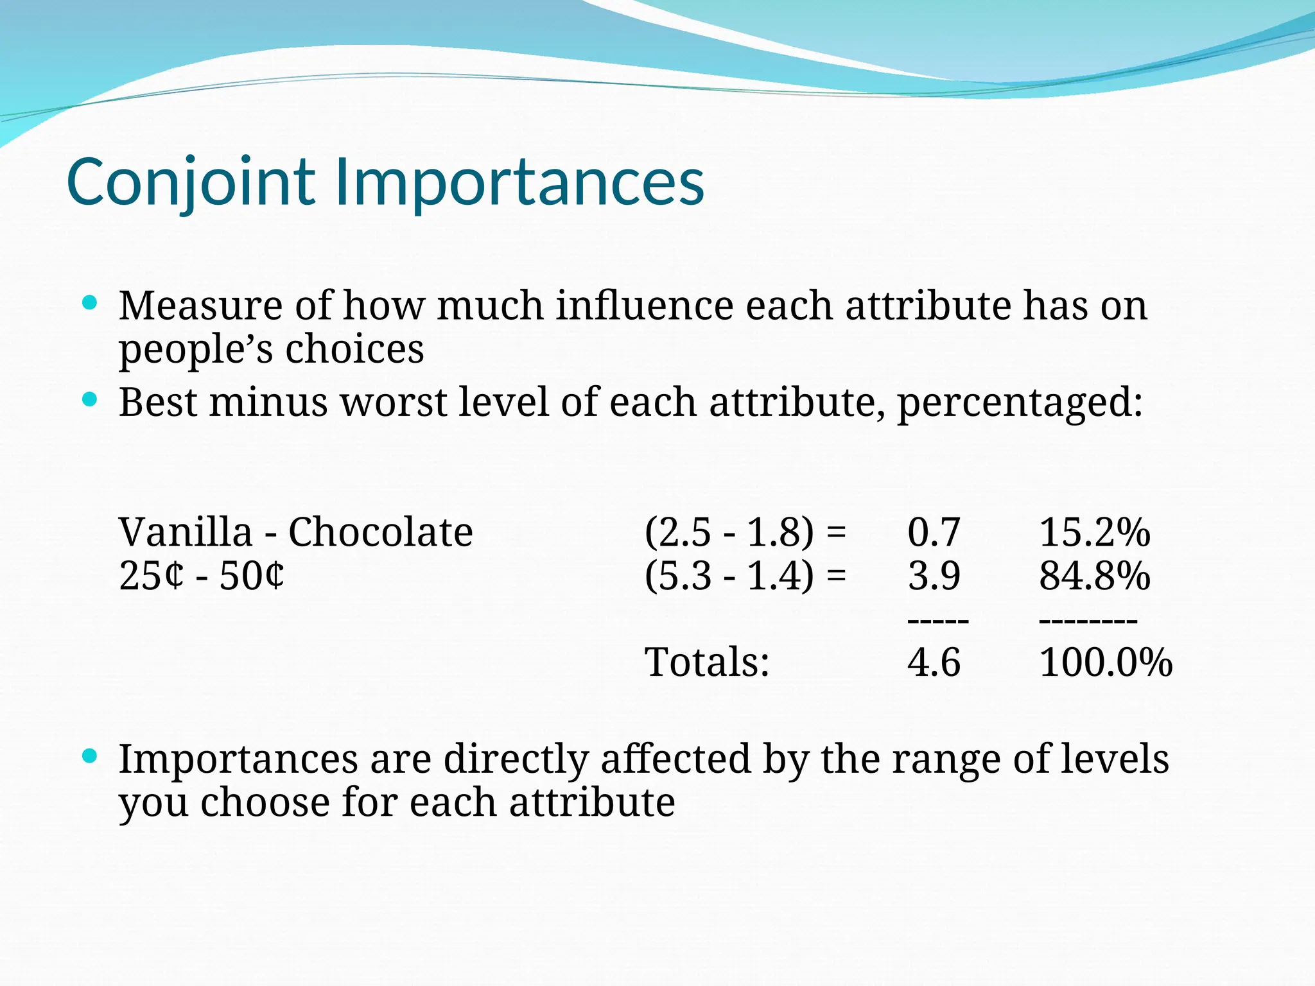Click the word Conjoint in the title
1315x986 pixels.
(191, 183)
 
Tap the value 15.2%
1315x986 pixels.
(1094, 532)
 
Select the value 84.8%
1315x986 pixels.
(1094, 576)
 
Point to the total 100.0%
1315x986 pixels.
(1105, 662)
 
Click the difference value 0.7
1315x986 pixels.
(934, 532)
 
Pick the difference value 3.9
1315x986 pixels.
(934, 576)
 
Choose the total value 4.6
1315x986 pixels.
(934, 662)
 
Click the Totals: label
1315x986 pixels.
(706, 662)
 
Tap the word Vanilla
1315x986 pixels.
(186, 532)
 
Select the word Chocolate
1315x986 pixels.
(380, 532)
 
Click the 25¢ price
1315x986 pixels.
(152, 576)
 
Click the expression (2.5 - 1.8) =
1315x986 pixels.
(745, 532)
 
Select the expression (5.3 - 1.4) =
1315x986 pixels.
(745, 576)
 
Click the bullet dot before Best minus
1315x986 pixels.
(90, 401)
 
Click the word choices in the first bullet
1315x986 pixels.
(354, 349)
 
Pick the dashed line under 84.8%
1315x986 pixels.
(1088, 621)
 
